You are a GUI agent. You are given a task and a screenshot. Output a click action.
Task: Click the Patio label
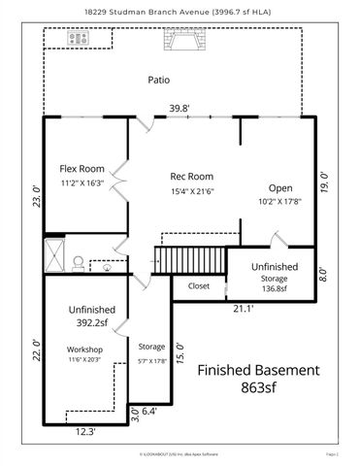(x=159, y=80)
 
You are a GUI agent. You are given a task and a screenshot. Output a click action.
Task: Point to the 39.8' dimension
(x=180, y=109)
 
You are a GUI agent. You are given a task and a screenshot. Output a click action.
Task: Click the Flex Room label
(x=82, y=168)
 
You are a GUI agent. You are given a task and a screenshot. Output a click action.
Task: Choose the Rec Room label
(x=191, y=176)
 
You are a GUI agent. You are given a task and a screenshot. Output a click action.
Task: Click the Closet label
(x=198, y=286)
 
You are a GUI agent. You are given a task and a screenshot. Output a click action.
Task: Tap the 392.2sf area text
(x=91, y=325)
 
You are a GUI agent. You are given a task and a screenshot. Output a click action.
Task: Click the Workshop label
(x=84, y=349)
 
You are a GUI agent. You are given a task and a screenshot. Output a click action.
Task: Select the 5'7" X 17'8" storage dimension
(x=151, y=359)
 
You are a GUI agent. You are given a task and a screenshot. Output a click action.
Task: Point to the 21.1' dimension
(x=244, y=309)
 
